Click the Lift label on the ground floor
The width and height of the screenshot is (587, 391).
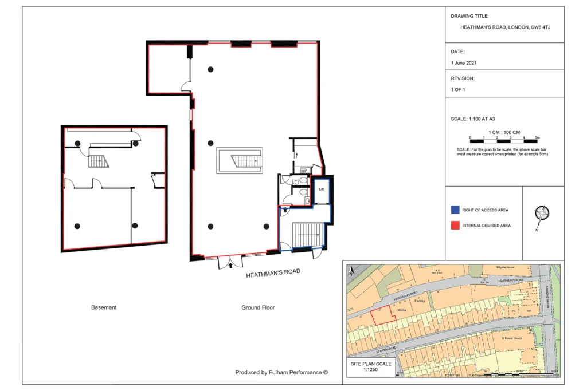point(322,188)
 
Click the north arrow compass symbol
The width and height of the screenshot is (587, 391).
point(542,214)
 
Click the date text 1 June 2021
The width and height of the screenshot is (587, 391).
point(464,63)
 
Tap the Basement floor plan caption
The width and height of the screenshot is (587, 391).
point(104,307)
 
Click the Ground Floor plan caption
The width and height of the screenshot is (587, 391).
point(258,307)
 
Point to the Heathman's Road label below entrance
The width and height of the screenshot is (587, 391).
point(273,273)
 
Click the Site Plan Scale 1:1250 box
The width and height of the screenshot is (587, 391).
point(371,367)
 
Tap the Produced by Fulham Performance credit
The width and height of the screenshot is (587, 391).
point(281,372)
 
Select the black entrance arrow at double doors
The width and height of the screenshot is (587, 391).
point(231,265)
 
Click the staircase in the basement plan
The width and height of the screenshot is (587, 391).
point(98,161)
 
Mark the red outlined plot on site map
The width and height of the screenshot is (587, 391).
point(382,315)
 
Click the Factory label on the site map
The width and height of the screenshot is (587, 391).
point(420,301)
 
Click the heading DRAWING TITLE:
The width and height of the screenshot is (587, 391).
point(469,16)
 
